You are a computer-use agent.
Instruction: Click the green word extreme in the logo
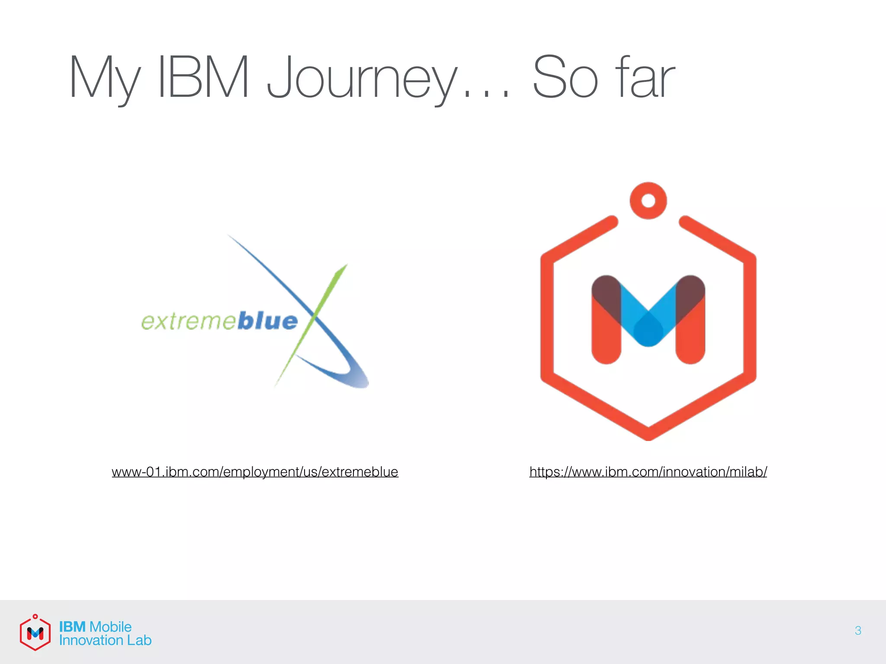coord(188,322)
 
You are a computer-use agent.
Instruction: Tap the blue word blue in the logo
coord(267,322)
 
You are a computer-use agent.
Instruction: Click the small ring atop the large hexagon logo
coord(648,201)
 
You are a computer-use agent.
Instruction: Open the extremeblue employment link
coord(255,472)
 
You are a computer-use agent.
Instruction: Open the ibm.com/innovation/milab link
coord(648,472)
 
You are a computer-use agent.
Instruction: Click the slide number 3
coord(858,631)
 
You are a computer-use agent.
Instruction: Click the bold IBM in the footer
coord(72,627)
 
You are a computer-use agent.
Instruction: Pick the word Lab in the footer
coord(139,640)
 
